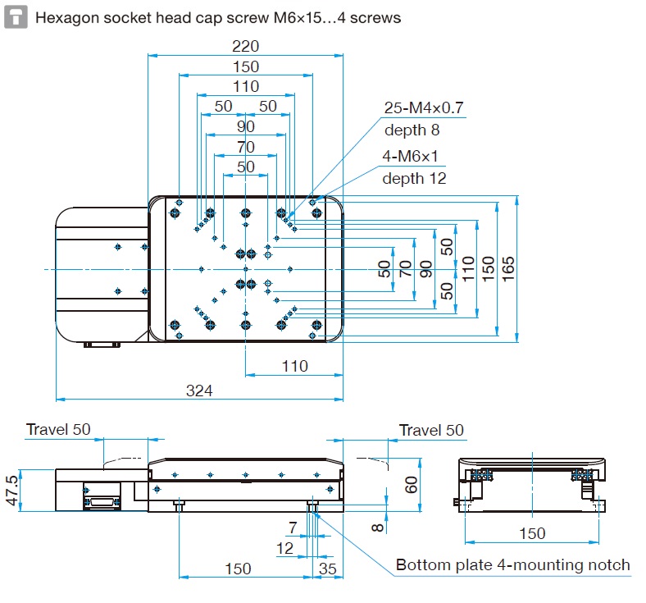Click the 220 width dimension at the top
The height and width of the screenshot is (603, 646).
pos(245,47)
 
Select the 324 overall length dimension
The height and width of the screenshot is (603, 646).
pos(199,391)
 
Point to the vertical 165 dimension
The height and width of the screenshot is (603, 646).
pos(507,266)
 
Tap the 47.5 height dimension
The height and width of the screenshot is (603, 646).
pos(11,489)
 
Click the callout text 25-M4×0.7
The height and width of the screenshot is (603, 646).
pos(424,107)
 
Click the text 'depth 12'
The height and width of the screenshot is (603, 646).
pos(414,178)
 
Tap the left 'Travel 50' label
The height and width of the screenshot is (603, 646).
pos(58,430)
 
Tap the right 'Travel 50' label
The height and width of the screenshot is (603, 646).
pos(431,430)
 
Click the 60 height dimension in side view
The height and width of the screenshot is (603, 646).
pos(412,484)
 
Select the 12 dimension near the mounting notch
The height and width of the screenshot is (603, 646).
pos(284,547)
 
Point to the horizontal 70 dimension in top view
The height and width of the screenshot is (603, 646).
pos(245,148)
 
